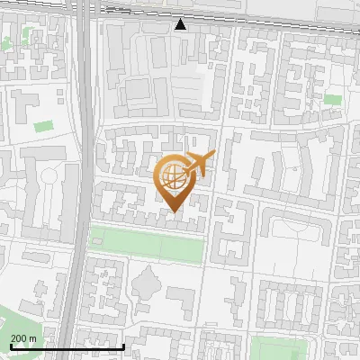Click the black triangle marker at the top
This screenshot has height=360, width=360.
[181, 24]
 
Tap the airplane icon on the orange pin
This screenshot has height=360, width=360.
[199, 164]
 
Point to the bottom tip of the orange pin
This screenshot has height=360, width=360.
[174, 212]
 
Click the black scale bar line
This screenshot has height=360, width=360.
[67, 346]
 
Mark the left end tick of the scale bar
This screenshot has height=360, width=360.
[11, 346]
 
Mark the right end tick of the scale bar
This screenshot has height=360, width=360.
[123, 346]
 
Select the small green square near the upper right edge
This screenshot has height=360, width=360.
[333, 99]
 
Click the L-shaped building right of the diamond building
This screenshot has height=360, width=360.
[181, 302]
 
